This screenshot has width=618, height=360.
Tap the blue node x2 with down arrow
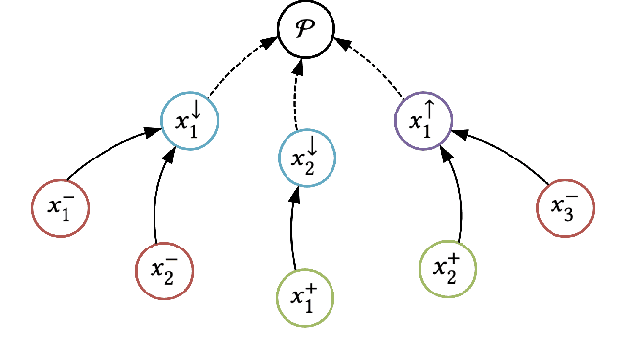306,156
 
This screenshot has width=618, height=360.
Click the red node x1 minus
61,207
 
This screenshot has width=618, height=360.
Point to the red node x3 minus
565,207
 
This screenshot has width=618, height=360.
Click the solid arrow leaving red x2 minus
156,196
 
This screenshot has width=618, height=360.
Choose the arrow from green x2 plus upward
456,196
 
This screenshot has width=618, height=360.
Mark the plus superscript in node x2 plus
456,259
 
